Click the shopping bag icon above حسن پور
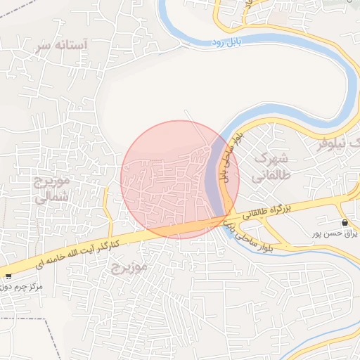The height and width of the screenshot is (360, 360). (x=344, y=223)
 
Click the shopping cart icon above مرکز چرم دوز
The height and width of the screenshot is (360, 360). (x=8, y=276)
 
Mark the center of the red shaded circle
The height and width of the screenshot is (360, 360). (x=180, y=179)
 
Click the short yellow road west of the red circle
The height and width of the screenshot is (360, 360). (x=108, y=211)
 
